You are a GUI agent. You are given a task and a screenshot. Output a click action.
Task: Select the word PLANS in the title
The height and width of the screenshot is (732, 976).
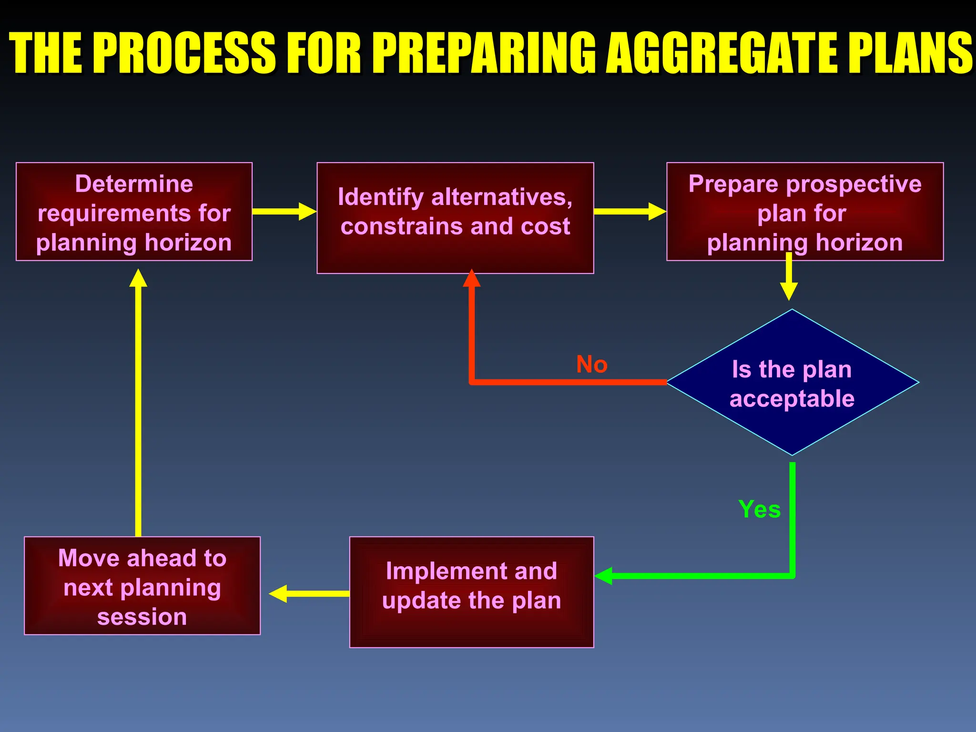pos(910,52)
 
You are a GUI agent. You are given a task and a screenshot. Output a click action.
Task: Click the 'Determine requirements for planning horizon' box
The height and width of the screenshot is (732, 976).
pos(134,212)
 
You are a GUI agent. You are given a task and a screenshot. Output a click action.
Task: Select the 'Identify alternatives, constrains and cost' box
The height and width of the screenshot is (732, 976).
pos(455,218)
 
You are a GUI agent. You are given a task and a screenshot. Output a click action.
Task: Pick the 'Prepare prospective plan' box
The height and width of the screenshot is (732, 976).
pos(805,212)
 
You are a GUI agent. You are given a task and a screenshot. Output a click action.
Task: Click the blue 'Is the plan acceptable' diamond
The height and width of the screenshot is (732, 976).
pos(792,383)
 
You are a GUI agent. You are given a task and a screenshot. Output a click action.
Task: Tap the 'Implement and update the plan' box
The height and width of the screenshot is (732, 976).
pos(471,592)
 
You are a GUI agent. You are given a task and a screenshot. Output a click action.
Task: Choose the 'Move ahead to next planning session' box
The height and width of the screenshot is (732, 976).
pos(142,586)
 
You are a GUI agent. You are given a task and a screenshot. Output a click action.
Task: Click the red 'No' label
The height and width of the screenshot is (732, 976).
pos(591,365)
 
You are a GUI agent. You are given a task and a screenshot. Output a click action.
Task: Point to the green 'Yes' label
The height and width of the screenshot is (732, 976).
pos(759,509)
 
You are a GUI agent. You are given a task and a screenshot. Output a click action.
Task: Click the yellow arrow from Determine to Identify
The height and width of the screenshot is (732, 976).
pos(284,211)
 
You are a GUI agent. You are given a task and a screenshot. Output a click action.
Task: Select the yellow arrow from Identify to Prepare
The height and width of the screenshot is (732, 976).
pos(629,211)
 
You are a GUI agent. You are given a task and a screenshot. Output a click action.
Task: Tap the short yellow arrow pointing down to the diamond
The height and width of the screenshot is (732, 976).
pos(789,279)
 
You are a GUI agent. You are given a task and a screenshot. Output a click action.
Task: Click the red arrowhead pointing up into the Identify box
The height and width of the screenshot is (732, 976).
pos(471,279)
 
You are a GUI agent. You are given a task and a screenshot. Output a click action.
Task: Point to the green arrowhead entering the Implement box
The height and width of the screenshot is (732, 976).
pos(603,576)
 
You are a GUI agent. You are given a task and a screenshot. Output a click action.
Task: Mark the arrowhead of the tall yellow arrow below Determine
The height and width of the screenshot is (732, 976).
pos(138,278)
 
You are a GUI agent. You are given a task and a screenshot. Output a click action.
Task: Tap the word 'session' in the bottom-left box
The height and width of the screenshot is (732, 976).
pos(142,617)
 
